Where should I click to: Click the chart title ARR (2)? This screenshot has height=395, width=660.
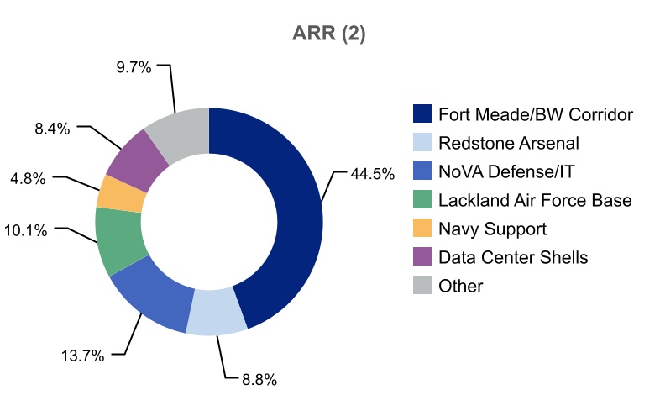pyautogui.click(x=329, y=34)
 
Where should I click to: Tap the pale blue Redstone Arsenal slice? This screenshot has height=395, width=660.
pyautogui.click(x=216, y=312)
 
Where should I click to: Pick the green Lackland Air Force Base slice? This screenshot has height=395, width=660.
pyautogui.click(x=119, y=240)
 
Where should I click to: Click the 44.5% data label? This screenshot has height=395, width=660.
pyautogui.click(x=372, y=175)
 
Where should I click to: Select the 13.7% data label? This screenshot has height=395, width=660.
pyautogui.click(x=82, y=355)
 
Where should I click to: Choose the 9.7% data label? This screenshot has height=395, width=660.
pyautogui.click(x=134, y=68)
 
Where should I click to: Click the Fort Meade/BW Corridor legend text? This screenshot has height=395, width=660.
pyautogui.click(x=535, y=114)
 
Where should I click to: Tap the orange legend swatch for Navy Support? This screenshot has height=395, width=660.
pyautogui.click(x=422, y=229)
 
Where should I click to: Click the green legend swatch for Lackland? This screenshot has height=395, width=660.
pyautogui.click(x=422, y=200)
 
